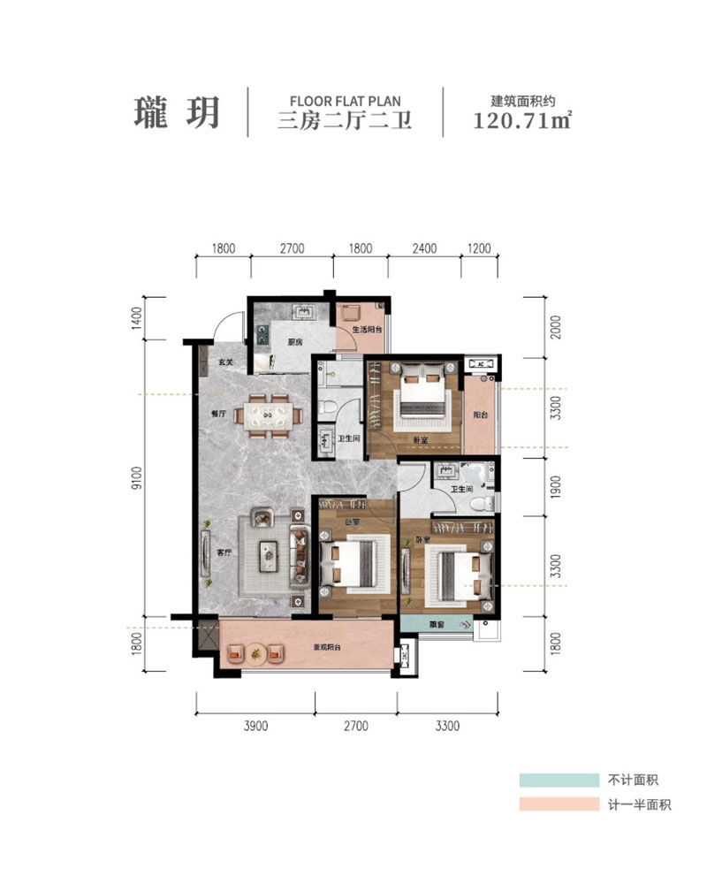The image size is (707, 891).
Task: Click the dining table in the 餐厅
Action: [x=270, y=415]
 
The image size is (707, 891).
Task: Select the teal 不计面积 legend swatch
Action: [x=554, y=781]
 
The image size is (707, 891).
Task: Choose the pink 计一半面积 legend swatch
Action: [x=554, y=804]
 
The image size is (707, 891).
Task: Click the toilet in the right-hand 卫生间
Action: [x=483, y=502]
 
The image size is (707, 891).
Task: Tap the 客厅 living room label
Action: [x=224, y=552]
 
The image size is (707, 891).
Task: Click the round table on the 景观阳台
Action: [x=256, y=654]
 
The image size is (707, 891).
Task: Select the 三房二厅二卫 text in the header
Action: [x=345, y=122]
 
